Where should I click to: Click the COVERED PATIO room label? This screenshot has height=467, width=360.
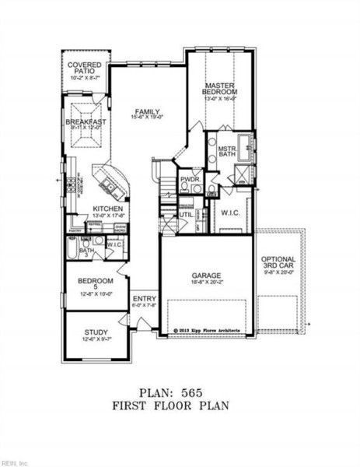point(84,68)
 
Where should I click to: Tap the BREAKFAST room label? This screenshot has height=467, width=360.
point(86,122)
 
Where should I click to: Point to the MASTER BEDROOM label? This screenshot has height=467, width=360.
point(220,89)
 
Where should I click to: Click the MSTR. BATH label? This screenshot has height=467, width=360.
point(226,151)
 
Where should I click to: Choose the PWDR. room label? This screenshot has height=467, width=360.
point(190,180)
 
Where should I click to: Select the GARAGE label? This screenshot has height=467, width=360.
point(207,276)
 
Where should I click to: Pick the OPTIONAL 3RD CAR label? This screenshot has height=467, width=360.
point(278,264)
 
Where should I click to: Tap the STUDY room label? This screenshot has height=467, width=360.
point(97,332)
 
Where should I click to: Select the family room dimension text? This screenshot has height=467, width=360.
point(146,118)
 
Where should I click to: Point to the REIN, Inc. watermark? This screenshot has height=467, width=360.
point(16,461)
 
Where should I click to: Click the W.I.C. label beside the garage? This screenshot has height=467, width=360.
point(229,212)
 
